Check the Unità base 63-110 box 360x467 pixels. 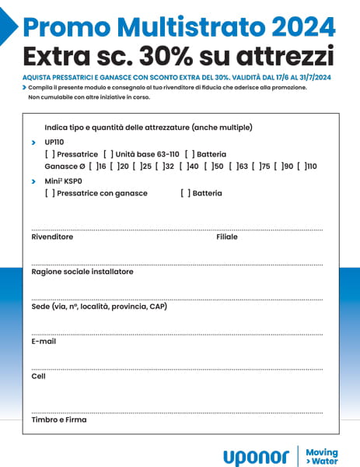tap(107, 154)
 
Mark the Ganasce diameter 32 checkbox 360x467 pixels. tap(159, 167)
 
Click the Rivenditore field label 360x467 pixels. tap(52, 237)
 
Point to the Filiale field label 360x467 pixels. tap(227, 237)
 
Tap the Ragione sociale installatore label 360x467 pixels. tap(82, 272)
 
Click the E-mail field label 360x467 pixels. tap(44, 341)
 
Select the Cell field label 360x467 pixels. tap(38, 376)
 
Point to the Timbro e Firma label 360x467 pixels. tap(59, 420)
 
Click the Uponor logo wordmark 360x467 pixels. tap(256, 457)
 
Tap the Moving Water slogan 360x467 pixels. tap(321, 456)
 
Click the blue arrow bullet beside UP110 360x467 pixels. tap(33, 143)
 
